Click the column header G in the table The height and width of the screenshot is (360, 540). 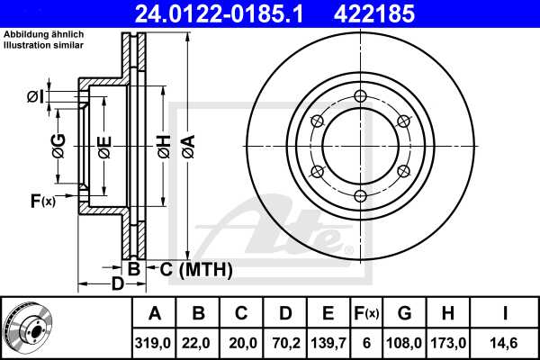tap(404, 313)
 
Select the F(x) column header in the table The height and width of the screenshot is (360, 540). tap(365, 313)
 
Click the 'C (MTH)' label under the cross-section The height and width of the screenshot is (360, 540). tap(195, 268)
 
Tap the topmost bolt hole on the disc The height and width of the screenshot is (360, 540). tap(360, 98)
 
